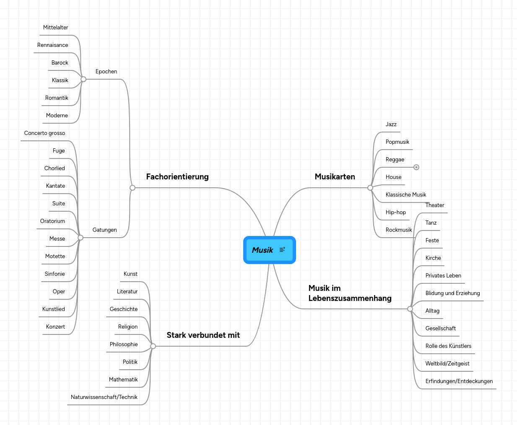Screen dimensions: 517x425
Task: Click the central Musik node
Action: click(270, 250)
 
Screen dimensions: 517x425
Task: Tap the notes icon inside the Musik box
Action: click(283, 249)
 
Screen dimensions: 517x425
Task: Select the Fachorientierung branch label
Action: click(177, 176)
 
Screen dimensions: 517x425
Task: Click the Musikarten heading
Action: click(335, 176)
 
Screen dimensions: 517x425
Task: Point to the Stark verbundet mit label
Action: click(203, 335)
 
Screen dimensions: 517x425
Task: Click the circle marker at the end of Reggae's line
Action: click(416, 167)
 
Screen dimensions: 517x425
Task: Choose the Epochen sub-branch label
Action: click(106, 71)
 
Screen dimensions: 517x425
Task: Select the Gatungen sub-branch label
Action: click(104, 230)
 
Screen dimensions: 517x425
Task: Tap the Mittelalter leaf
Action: click(55, 27)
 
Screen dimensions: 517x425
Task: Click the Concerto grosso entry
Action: click(44, 133)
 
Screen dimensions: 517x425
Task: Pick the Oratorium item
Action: click(52, 221)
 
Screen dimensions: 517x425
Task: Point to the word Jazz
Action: click(391, 124)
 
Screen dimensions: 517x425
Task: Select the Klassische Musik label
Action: click(406, 194)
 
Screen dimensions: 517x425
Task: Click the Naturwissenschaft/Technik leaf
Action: click(104, 397)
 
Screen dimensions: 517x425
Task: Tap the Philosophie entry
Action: click(124, 344)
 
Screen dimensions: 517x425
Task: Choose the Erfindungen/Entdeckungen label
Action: click(459, 381)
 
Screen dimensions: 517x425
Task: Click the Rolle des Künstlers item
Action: click(448, 346)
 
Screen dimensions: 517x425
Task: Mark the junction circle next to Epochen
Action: click(83, 79)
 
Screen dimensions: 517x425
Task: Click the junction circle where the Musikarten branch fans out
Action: click(370, 188)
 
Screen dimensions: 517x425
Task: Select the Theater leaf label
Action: click(435, 205)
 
